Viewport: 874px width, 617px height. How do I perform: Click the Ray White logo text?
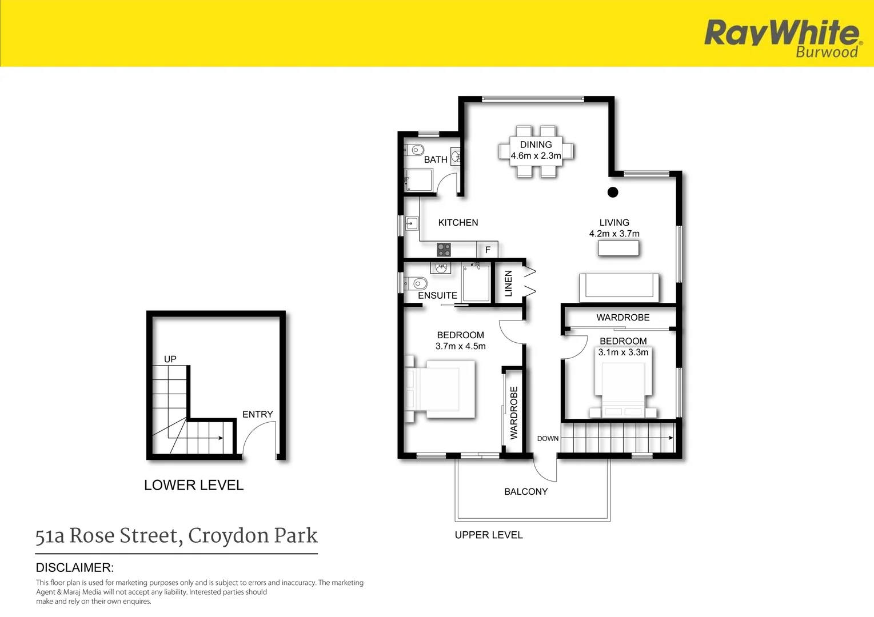(x=781, y=33)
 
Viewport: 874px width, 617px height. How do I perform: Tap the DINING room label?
(x=536, y=145)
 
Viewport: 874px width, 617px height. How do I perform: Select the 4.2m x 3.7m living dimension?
(x=614, y=234)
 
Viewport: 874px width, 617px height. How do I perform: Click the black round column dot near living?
(x=613, y=193)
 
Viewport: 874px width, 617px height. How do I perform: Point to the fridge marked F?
(x=488, y=250)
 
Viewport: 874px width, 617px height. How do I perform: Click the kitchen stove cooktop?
(x=444, y=250)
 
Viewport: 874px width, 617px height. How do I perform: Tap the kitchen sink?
(x=412, y=223)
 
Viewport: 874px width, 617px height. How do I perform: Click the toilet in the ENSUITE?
(x=418, y=283)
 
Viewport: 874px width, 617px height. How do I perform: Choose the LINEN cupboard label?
(x=508, y=283)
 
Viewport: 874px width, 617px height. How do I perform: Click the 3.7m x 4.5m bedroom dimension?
(x=460, y=346)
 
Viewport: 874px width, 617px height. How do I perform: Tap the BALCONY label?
(x=526, y=491)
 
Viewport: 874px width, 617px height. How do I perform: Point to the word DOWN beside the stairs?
(x=548, y=439)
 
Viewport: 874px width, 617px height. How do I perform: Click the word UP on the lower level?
(x=170, y=359)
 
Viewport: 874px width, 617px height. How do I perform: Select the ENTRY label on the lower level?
(x=257, y=414)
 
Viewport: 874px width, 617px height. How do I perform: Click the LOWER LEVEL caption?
(x=194, y=485)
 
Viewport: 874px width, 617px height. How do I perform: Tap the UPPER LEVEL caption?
(x=489, y=535)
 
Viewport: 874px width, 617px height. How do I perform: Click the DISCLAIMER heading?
(x=75, y=568)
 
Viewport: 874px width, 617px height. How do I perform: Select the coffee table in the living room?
(x=618, y=248)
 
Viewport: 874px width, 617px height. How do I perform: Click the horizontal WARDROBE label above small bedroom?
(x=622, y=318)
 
